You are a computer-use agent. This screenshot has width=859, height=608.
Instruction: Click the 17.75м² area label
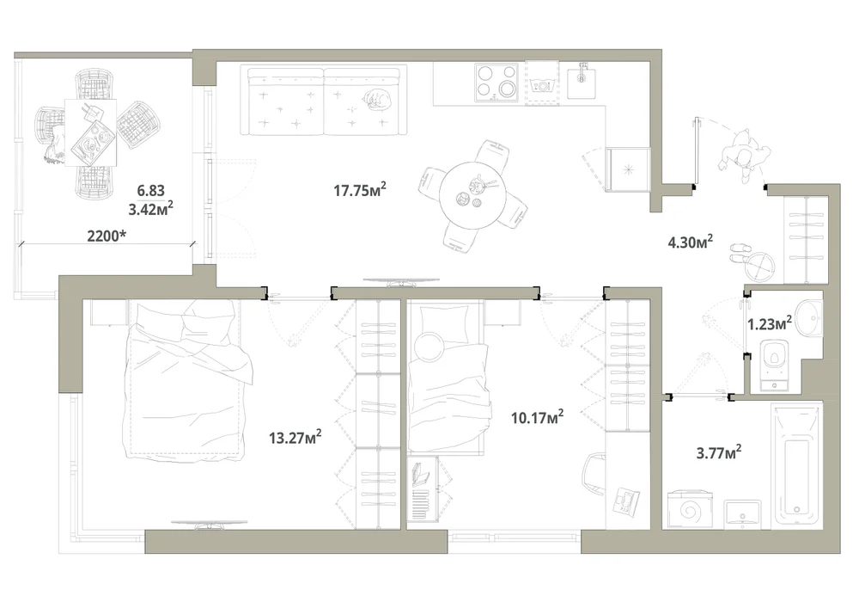pyautogui.click(x=360, y=190)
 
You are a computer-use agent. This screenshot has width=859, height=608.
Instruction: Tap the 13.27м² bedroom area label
pyautogui.click(x=295, y=437)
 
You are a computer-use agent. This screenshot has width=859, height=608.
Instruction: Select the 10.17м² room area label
pyautogui.click(x=537, y=417)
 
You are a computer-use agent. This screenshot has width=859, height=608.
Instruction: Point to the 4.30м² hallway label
pyautogui.click(x=690, y=242)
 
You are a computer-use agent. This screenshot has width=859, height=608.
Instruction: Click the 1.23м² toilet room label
pyautogui.click(x=769, y=323)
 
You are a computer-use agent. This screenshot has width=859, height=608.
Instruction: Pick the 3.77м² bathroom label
pyautogui.click(x=719, y=452)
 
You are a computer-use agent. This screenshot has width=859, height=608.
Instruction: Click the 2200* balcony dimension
pyautogui.click(x=107, y=236)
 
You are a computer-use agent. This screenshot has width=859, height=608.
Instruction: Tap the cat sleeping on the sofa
pyautogui.click(x=376, y=99)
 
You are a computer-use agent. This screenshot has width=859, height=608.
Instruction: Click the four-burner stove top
pyautogui.click(x=496, y=83)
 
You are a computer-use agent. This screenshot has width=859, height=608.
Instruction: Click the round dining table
pyautogui.click(x=473, y=196)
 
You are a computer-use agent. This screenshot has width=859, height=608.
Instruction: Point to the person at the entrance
pyautogui.click(x=745, y=155)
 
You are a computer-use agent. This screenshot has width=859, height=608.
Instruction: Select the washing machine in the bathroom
pyautogui.click(x=691, y=510)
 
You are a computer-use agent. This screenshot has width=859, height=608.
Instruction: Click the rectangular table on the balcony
pyautogui.click(x=90, y=132)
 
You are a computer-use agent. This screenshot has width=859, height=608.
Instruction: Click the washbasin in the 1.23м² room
pyautogui.click(x=808, y=316)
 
